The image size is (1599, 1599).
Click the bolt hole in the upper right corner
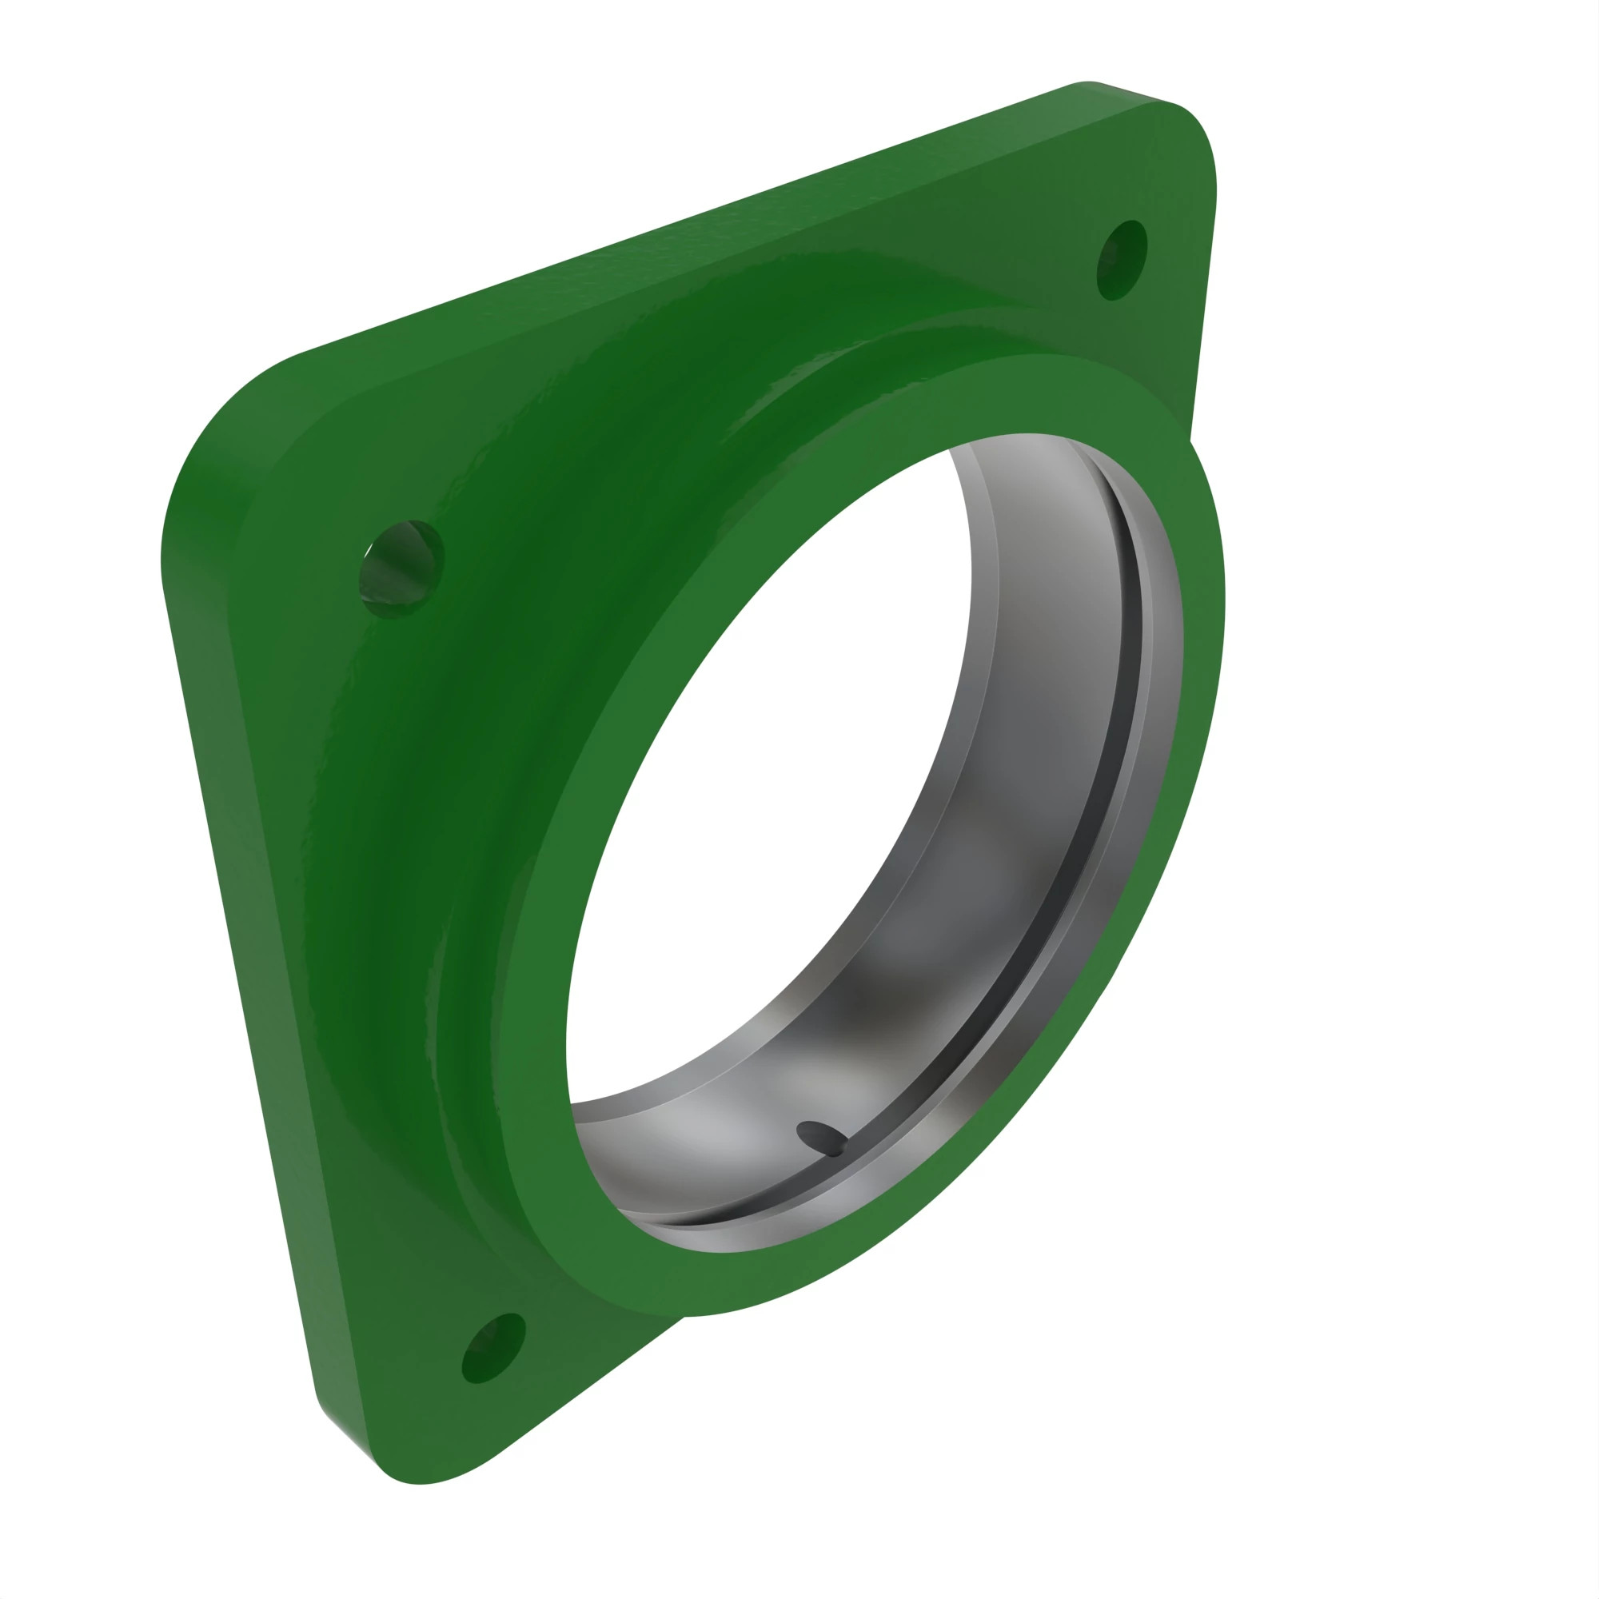click(x=1122, y=260)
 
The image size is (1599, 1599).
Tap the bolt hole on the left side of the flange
click(x=401, y=568)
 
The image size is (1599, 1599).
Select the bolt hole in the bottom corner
click(x=493, y=1347)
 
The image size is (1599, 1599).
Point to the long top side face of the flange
click(x=662, y=224)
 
